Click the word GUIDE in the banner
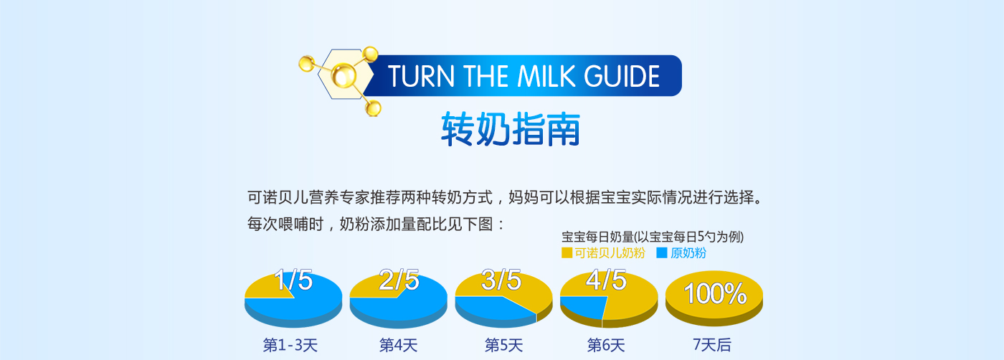tap(622, 76)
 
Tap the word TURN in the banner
tap(421, 76)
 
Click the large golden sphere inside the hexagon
tap(344, 75)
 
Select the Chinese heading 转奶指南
tap(511, 129)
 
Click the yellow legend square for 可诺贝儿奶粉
tap(567, 253)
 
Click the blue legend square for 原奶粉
tap(661, 253)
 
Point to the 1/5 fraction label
tap(293, 280)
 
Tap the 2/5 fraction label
tap(399, 280)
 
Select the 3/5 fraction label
tap(501, 280)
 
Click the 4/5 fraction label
tap(607, 280)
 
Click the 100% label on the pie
tap(716, 293)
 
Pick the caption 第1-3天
tap(290, 345)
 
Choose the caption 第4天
tap(399, 345)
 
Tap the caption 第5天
tap(503, 345)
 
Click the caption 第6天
tap(606, 345)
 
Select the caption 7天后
tap(712, 344)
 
